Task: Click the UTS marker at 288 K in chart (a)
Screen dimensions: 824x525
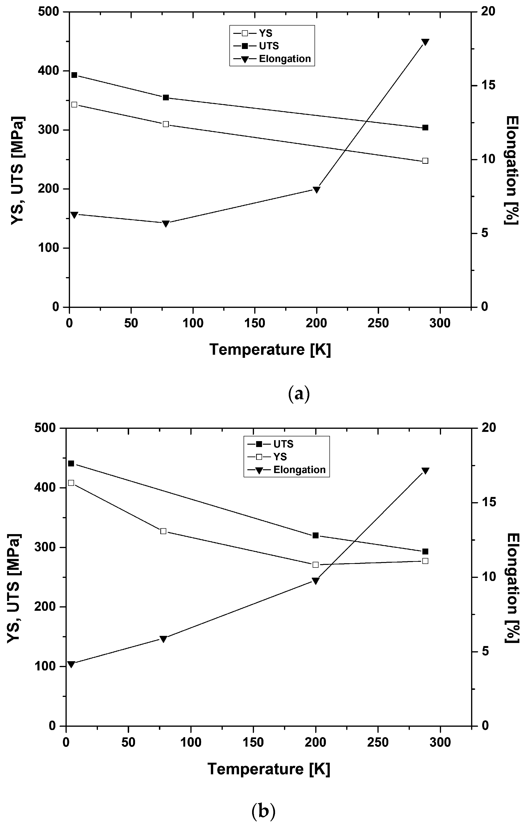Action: point(425,128)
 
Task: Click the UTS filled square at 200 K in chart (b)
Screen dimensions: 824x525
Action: point(316,536)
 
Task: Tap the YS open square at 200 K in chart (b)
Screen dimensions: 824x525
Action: point(316,565)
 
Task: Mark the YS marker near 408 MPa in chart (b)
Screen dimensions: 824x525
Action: point(71,483)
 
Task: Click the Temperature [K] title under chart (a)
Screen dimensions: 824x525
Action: point(270,350)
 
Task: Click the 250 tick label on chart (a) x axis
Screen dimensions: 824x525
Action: point(378,323)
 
